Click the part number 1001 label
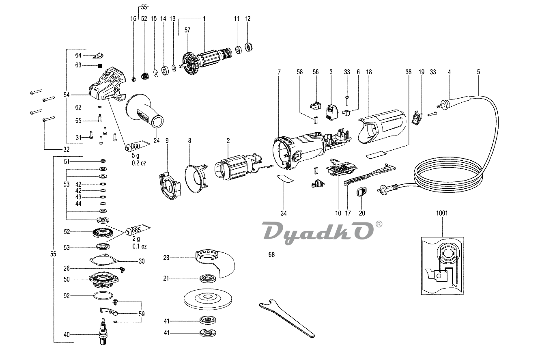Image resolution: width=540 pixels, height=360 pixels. coord(442,213)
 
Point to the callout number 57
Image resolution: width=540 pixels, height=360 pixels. coord(187,30)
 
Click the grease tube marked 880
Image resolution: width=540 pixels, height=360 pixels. coord(133,146)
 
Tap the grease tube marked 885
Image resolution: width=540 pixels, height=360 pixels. coord(133,231)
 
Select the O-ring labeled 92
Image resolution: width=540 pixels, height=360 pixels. coord(101,296)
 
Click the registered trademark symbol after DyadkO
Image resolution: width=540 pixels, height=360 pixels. coord(379,224)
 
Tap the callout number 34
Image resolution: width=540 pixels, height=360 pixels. coord(284,212)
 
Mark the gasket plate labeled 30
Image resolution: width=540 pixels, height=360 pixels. coord(104,260)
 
